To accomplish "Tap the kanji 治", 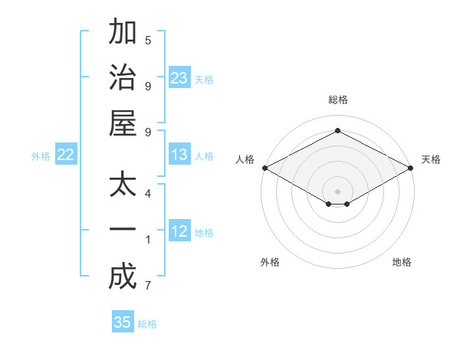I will coord(123,77).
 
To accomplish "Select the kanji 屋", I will coord(123,123).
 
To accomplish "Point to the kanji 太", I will coord(123,186).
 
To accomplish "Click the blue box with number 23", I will coord(179,77).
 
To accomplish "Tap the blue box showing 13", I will coord(179,155).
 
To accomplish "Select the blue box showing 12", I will coord(179,232).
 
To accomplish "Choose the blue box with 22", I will coord(66,155).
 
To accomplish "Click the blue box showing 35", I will coord(123,322).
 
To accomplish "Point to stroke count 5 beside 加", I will coord(148,40).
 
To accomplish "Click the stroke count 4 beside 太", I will coord(148,193).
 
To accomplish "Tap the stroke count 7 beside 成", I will coord(148,286).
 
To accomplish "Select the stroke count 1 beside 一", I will coord(148,240).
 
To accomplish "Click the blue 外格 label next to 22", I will coord(41,156).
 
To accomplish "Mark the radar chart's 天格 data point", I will coord(412,168).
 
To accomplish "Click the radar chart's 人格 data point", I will coord(264,168).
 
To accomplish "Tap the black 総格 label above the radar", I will coord(337,100).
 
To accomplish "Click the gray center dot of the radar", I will coord(337,190).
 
